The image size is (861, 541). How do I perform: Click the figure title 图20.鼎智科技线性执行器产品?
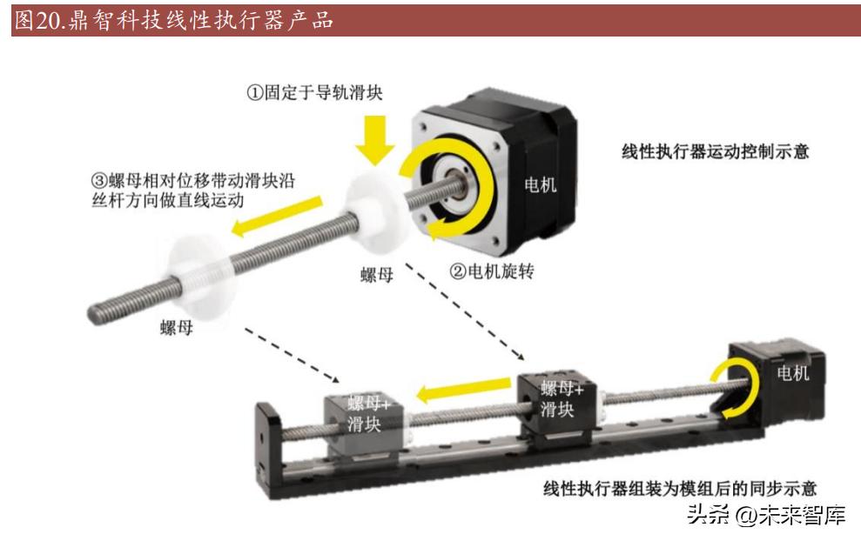(x=173, y=20)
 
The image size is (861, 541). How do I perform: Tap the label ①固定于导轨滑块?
(x=314, y=92)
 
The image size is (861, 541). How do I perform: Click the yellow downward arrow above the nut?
(x=375, y=139)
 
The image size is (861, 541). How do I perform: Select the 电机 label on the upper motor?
(x=541, y=185)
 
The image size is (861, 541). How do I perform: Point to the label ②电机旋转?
(x=492, y=271)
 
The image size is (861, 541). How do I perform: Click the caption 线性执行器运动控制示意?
(x=715, y=150)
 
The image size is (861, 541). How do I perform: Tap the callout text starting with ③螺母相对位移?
(x=192, y=190)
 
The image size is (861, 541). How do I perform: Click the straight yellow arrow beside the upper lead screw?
(x=277, y=217)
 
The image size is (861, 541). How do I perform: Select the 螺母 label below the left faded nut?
(x=176, y=328)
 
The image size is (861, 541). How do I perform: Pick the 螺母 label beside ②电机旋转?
(x=377, y=274)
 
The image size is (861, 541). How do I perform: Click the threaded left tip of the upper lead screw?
(x=93, y=314)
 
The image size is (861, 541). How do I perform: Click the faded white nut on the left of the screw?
(x=201, y=280)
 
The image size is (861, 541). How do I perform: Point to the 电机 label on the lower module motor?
(x=793, y=373)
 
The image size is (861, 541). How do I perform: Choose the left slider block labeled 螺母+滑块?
(x=365, y=424)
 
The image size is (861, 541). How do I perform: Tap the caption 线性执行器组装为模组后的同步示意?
(x=680, y=488)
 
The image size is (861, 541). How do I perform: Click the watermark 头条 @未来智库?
(x=766, y=515)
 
